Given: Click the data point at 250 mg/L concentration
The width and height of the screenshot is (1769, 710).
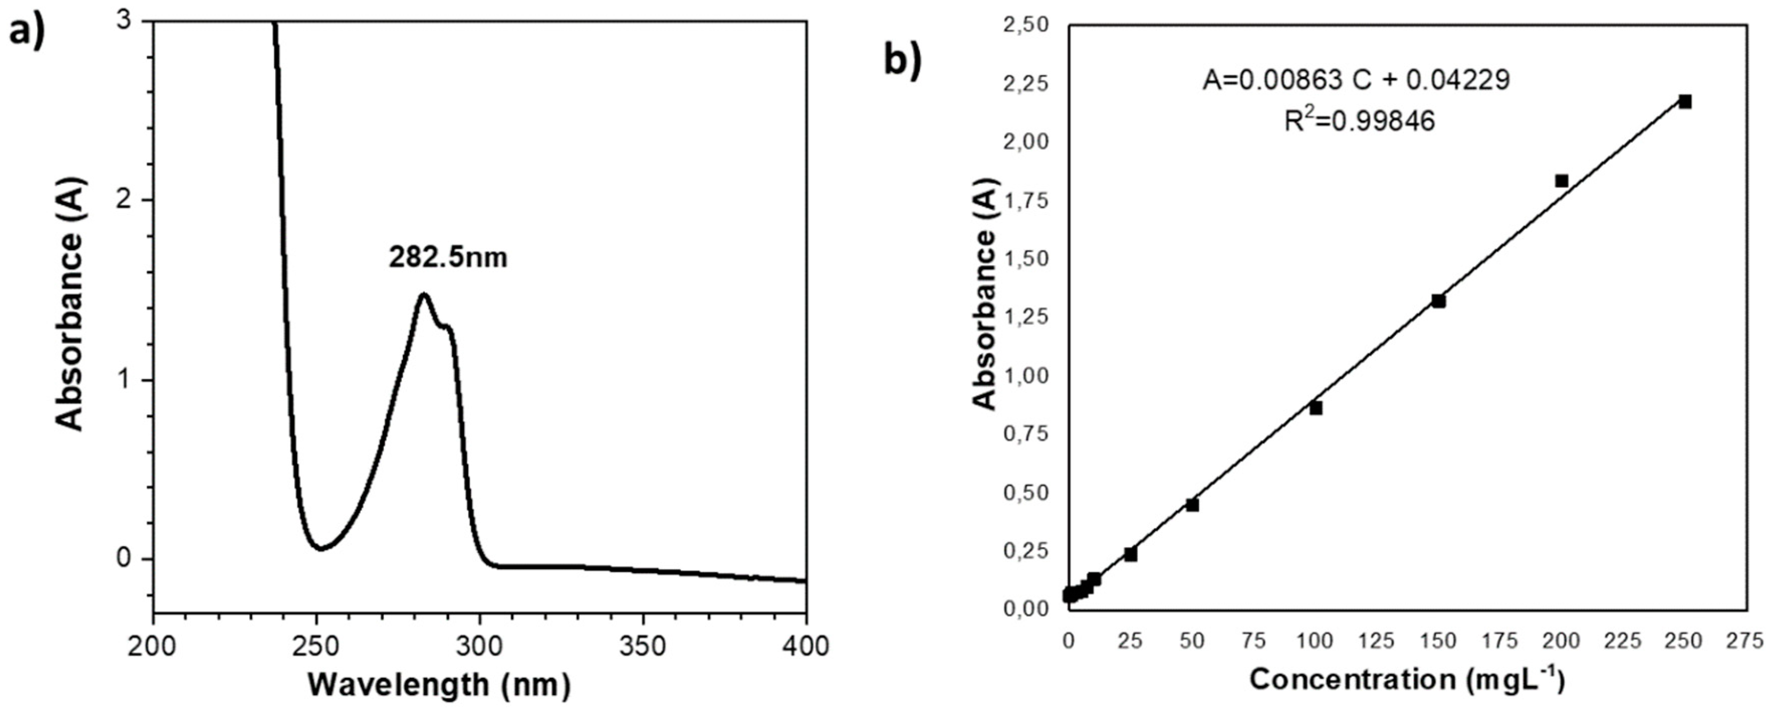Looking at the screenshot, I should click(1685, 101).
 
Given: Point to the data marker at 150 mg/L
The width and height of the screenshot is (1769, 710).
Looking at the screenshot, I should click(1439, 301).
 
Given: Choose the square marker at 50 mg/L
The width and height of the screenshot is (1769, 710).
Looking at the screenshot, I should click(1192, 504).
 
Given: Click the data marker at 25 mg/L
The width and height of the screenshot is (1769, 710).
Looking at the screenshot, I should click(1131, 554).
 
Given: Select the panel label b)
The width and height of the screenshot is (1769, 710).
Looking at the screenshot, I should click(902, 60).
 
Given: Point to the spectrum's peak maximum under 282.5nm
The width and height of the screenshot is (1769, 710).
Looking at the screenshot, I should click(424, 295).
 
